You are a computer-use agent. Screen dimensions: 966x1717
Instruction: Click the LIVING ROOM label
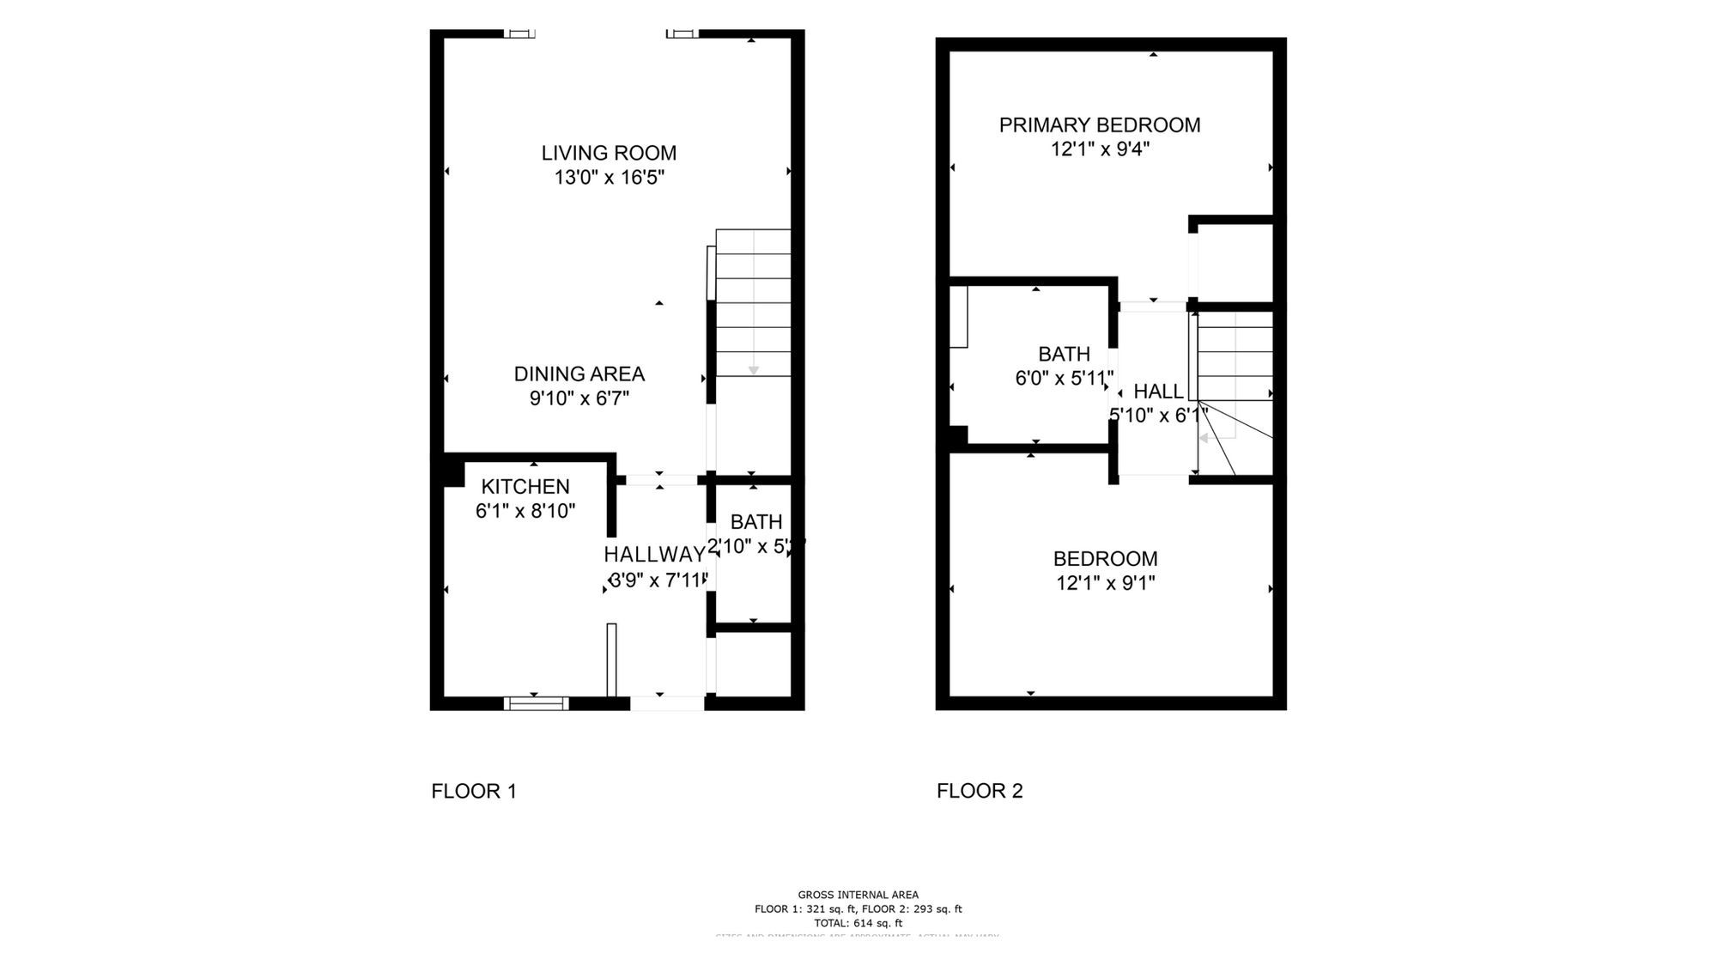click(x=609, y=153)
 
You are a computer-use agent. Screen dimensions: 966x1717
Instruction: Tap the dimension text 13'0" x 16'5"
click(x=609, y=178)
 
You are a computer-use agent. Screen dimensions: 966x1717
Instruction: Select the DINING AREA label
click(x=579, y=374)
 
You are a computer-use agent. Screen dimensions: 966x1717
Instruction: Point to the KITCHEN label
click(x=525, y=486)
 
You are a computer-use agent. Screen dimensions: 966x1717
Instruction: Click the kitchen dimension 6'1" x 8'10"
click(x=525, y=511)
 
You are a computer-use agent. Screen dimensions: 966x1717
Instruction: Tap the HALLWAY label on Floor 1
click(x=654, y=554)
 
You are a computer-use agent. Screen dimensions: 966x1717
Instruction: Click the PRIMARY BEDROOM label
click(x=1099, y=125)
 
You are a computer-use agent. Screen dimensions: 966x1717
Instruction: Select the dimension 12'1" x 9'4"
click(x=1099, y=149)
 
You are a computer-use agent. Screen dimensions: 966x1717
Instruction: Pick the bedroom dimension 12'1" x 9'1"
click(x=1105, y=583)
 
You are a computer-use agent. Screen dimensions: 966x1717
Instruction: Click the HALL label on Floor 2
click(x=1158, y=392)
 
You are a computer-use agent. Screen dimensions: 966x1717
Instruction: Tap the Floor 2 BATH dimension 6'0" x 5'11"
click(x=1064, y=378)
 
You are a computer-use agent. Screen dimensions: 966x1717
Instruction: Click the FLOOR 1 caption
click(x=474, y=791)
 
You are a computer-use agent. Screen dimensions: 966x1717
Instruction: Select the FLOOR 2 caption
click(x=980, y=791)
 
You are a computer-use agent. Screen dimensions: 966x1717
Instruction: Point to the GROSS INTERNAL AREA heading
click(x=858, y=895)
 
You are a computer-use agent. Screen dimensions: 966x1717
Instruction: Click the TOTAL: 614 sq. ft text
click(x=858, y=923)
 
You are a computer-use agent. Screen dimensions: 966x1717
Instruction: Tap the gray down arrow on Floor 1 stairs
click(x=754, y=370)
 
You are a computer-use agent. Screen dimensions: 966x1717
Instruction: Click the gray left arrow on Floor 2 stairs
click(x=1204, y=438)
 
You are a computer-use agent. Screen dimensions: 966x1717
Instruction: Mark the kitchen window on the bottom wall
click(x=536, y=703)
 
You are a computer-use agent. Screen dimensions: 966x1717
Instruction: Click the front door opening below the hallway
click(x=667, y=703)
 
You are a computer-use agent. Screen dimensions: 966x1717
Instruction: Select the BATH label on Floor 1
click(x=755, y=522)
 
